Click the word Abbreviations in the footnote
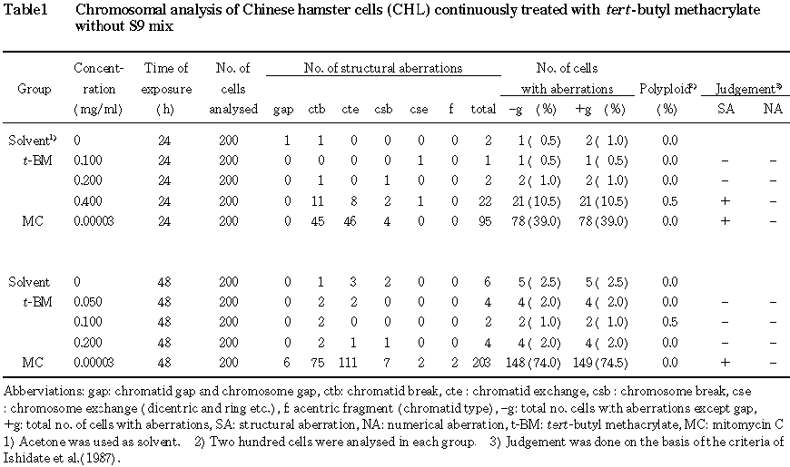click(37, 391)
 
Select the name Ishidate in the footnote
click(24, 457)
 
